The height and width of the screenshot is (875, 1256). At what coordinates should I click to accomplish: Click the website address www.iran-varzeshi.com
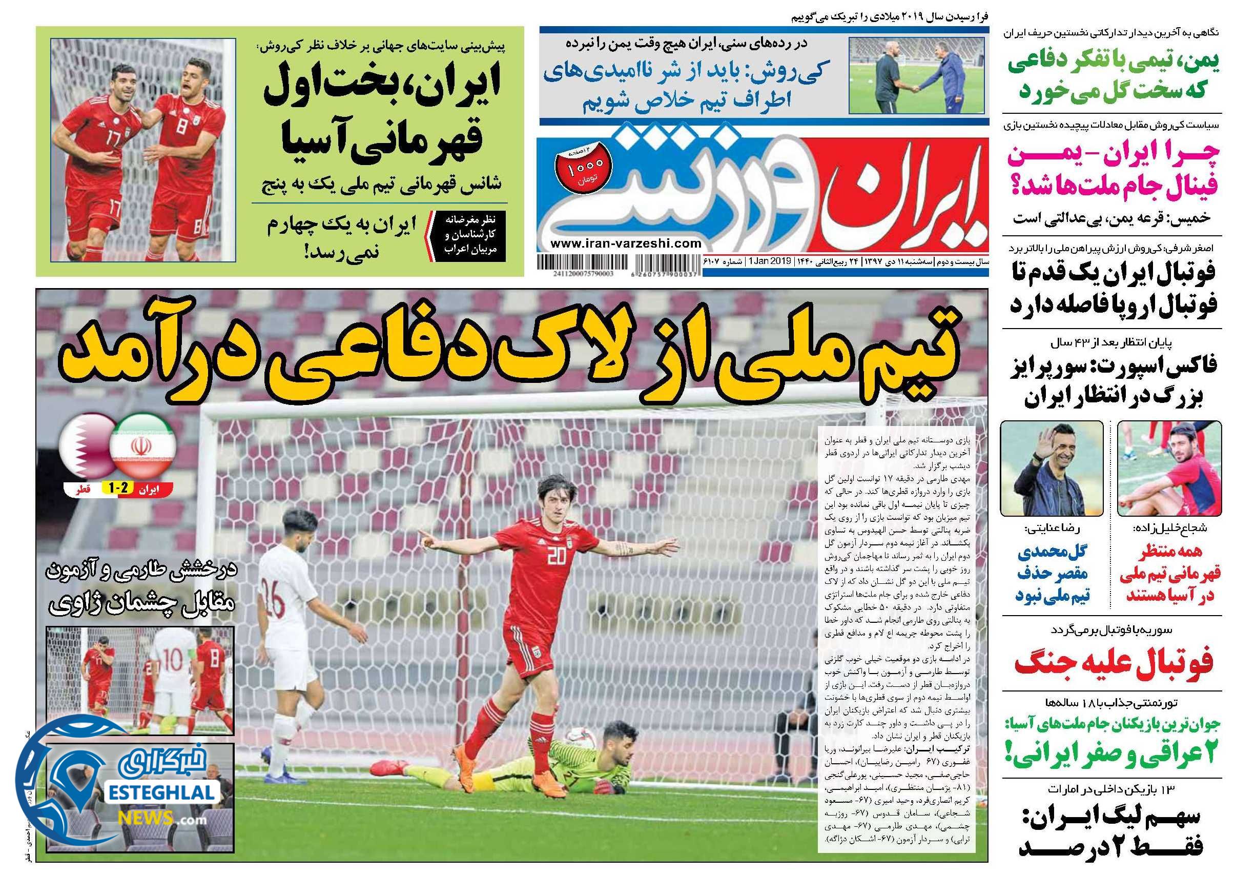(626, 244)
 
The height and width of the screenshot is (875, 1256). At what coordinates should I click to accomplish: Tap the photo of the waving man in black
(1051, 469)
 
